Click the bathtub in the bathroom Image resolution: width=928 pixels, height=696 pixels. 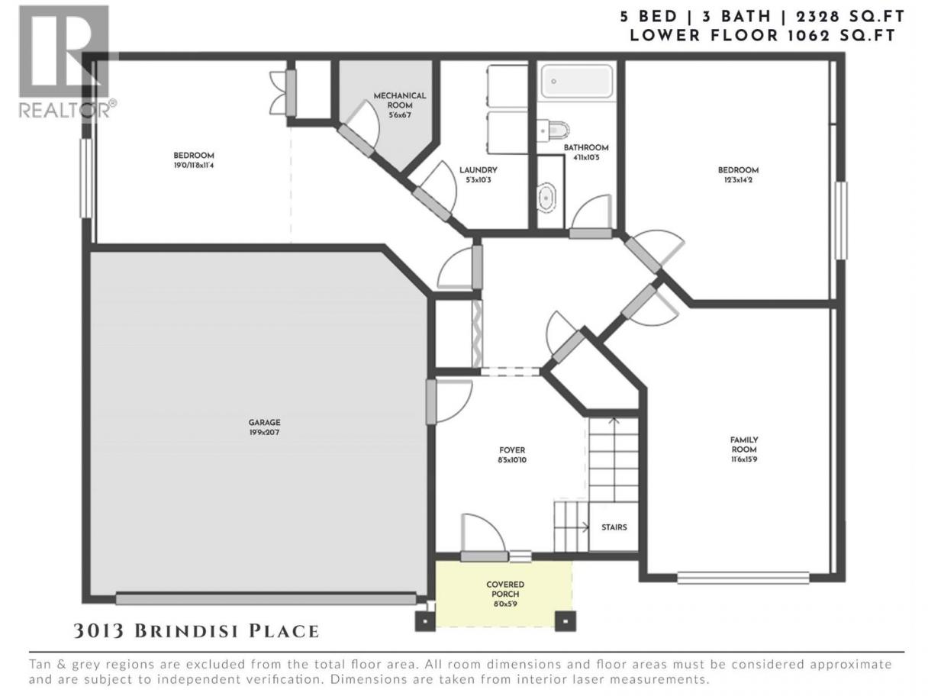coord(578,81)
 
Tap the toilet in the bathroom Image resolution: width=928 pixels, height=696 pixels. coord(554,130)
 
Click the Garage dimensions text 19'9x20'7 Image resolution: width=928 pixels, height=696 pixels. coord(264,433)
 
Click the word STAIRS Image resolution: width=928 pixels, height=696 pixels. coord(614,527)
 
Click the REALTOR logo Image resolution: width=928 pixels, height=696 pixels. coord(68,62)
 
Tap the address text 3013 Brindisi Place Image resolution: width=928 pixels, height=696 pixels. coord(196,631)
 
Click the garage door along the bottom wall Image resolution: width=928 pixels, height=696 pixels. coord(266,599)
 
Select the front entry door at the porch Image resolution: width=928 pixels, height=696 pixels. coord(484,556)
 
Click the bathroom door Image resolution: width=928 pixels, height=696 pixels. coord(591,234)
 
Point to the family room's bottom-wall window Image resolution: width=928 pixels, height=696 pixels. coord(743,578)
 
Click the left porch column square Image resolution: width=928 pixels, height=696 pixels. coord(425,621)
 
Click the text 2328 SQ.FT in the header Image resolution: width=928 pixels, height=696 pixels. coord(850,17)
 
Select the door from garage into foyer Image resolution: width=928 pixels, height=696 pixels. coord(431,402)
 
